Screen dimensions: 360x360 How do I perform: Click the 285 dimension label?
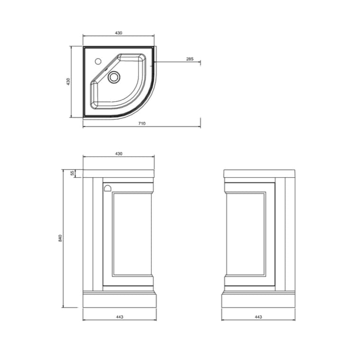(x=190, y=59)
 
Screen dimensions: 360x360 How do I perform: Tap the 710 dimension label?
(x=142, y=123)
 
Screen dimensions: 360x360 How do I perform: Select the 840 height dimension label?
(x=60, y=238)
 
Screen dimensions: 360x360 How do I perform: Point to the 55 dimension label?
(x=73, y=174)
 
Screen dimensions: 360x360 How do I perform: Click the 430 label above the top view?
(x=119, y=33)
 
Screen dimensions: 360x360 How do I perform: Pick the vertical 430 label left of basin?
(x=68, y=82)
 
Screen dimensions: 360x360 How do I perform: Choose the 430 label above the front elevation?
(x=119, y=154)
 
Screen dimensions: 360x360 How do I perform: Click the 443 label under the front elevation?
(x=119, y=317)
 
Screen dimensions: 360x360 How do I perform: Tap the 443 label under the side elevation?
(x=258, y=317)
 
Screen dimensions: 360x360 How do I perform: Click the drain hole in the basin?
(x=114, y=77)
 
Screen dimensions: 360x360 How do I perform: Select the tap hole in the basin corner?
(x=98, y=61)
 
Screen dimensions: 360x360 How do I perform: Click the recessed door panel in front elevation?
(x=132, y=234)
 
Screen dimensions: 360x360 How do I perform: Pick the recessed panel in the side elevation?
(x=245, y=234)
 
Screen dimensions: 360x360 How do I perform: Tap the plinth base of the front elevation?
(x=119, y=300)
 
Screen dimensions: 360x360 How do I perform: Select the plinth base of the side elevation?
(x=258, y=300)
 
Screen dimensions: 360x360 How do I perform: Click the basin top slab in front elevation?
(x=119, y=174)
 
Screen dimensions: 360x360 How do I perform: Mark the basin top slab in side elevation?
(x=259, y=174)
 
